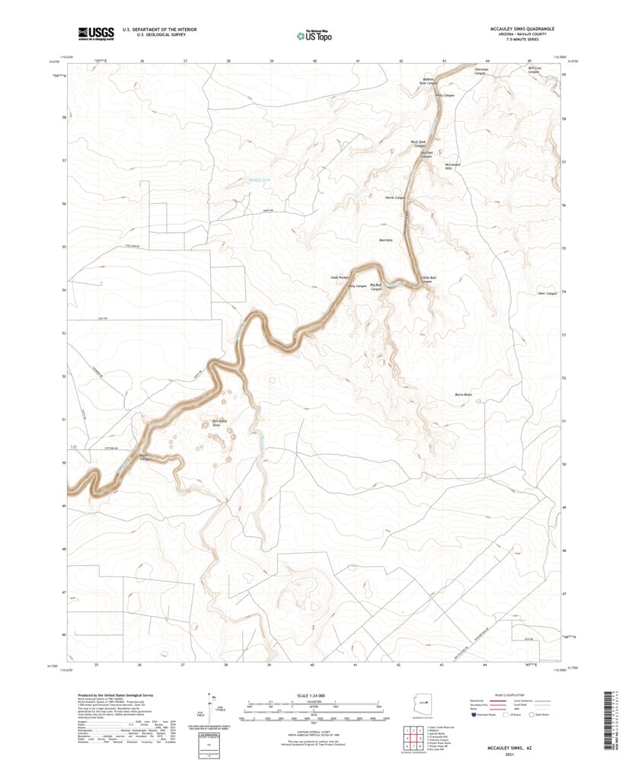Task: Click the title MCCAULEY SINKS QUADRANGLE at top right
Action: click(522, 28)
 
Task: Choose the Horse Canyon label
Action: click(394, 197)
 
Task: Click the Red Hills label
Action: click(387, 240)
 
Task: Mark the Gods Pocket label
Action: click(340, 277)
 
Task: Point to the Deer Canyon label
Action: click(547, 293)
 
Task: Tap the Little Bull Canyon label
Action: click(428, 279)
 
